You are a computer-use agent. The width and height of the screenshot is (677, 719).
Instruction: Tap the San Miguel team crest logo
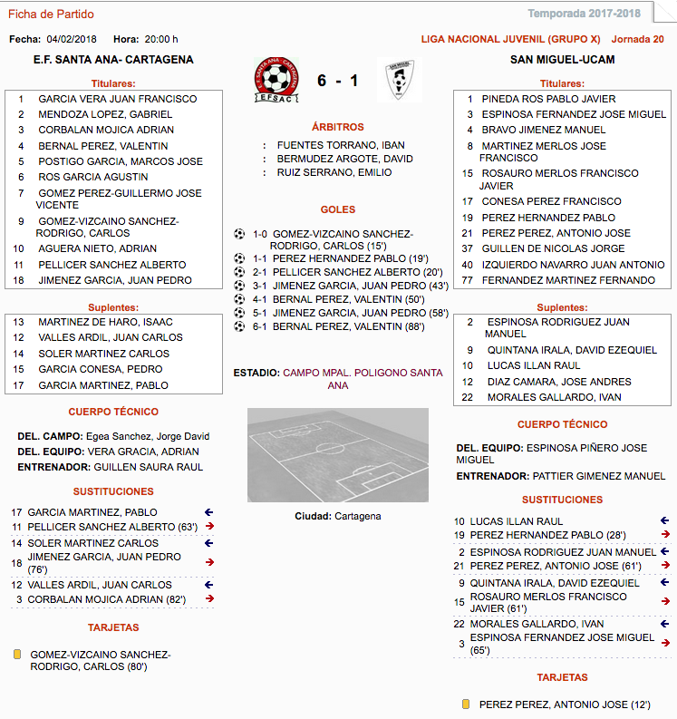tap(397, 81)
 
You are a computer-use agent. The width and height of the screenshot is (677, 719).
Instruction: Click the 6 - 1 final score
tap(337, 81)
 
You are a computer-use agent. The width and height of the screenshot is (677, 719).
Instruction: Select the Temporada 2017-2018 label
tap(596, 14)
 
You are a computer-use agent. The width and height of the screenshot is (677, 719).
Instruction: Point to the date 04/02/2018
tap(73, 39)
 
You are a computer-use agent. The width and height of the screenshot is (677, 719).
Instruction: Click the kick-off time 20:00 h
tap(161, 39)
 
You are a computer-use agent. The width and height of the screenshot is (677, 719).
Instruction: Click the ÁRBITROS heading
tap(337, 127)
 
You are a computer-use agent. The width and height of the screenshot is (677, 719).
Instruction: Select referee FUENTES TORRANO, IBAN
tap(341, 145)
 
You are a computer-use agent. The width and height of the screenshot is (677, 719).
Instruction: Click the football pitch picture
tap(337, 455)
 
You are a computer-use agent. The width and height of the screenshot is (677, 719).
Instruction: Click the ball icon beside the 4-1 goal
tap(239, 298)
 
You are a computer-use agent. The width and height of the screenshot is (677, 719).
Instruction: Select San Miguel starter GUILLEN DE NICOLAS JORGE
tap(553, 248)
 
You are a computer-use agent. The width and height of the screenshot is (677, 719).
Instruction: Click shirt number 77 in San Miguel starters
tap(468, 281)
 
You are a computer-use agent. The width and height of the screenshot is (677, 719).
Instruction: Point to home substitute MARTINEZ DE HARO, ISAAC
tap(105, 322)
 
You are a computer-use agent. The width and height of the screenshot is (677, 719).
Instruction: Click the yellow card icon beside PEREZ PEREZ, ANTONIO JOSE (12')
tap(466, 704)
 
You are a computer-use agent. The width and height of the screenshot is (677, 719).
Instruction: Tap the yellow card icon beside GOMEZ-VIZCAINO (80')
tap(17, 655)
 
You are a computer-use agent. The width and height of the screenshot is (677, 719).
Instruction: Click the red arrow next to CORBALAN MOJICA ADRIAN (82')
tap(209, 599)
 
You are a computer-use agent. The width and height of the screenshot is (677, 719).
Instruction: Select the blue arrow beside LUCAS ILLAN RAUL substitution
tap(665, 521)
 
